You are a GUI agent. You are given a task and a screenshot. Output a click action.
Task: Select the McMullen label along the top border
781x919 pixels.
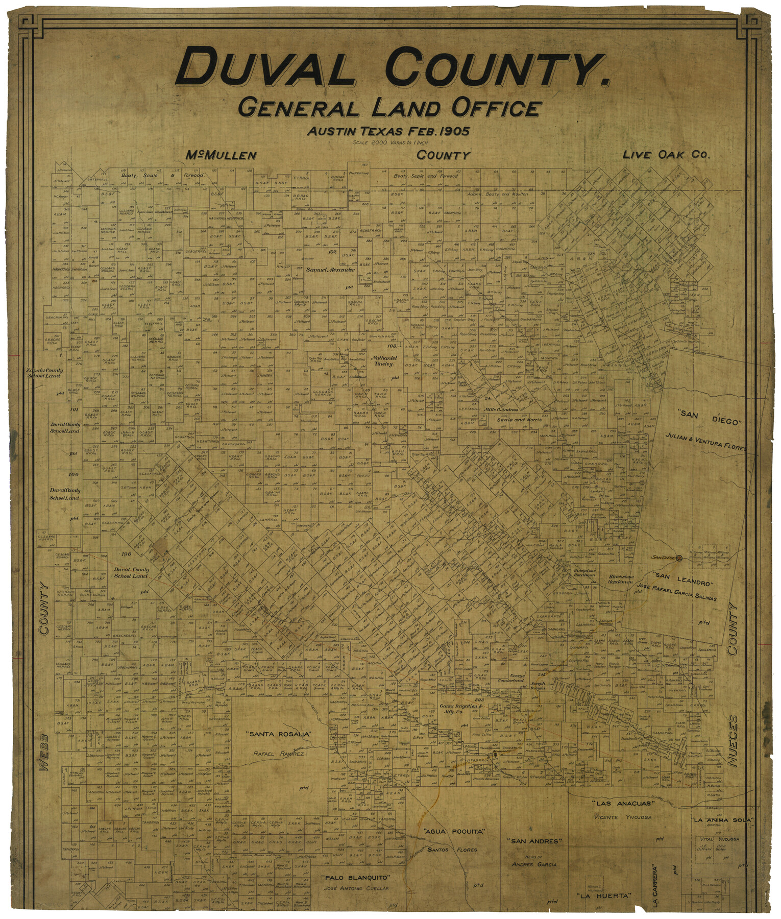(221, 156)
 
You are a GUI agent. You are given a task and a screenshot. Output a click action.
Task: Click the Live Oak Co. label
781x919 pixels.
(666, 155)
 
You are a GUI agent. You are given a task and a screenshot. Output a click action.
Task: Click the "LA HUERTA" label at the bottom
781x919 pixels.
(604, 896)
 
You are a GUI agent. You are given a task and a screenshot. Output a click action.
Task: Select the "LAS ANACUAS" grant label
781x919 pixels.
(620, 803)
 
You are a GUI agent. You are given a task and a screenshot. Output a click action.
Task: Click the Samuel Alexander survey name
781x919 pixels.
(330, 270)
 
